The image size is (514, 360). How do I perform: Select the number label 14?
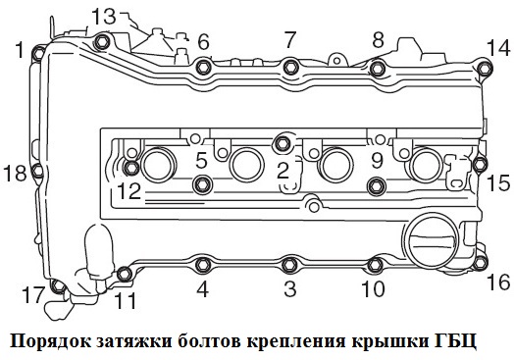point(497,46)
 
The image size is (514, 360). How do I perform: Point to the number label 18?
point(15,174)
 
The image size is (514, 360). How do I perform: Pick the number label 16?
point(498,282)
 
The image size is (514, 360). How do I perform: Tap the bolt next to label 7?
point(290,67)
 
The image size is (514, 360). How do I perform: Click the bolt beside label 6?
point(203,67)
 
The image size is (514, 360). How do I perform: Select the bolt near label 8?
point(377,67)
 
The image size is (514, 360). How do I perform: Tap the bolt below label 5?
point(202,184)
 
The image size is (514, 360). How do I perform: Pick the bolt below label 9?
point(374,185)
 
